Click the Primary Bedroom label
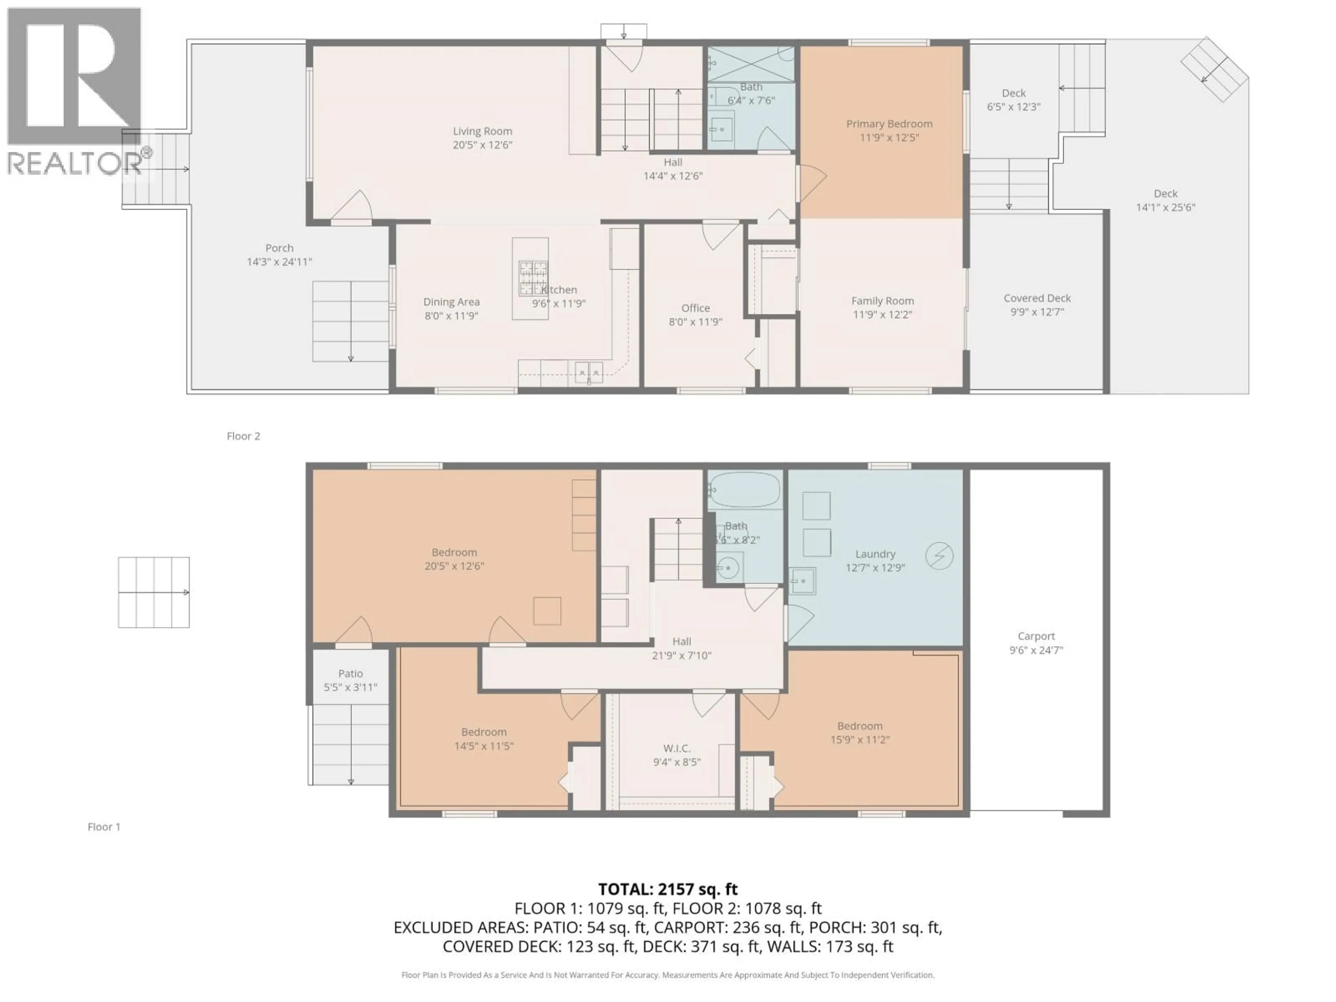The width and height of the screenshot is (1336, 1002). click(x=889, y=124)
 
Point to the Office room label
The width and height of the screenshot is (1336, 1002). click(x=695, y=308)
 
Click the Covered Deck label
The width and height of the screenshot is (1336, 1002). click(x=1036, y=299)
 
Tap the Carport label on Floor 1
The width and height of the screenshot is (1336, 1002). click(x=1036, y=636)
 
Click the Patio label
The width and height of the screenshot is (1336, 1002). click(x=350, y=674)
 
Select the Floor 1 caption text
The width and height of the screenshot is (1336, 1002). click(x=104, y=827)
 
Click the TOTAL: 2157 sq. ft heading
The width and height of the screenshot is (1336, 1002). click(x=667, y=889)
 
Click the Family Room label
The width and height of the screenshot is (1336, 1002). click(x=882, y=301)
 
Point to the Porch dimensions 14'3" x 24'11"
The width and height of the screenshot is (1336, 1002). click(x=279, y=262)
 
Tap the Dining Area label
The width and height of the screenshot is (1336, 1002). click(x=451, y=302)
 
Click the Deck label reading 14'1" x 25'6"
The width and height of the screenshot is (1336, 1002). click(x=1165, y=207)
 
